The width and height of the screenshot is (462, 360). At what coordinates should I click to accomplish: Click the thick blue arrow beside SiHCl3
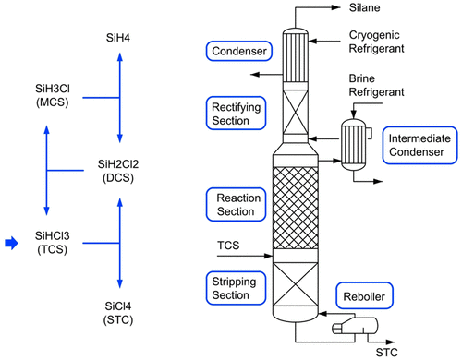point(10,243)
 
